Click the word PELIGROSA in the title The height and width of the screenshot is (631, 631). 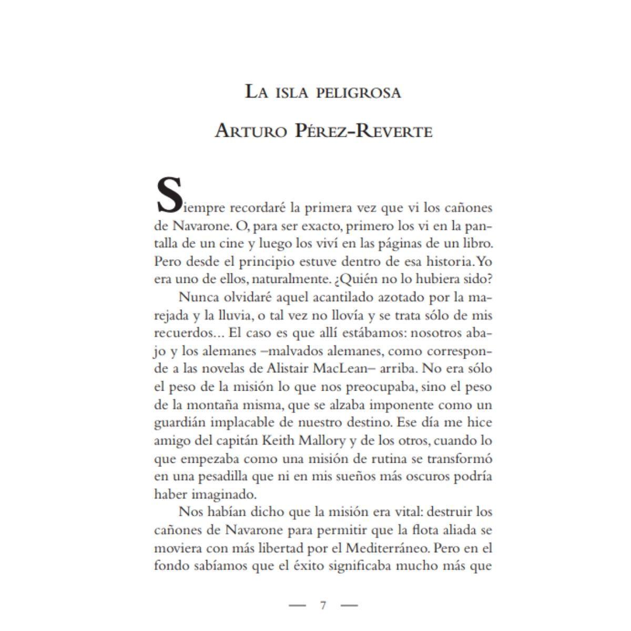[x=359, y=93]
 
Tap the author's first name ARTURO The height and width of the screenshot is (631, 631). [x=251, y=130]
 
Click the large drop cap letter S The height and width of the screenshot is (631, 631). [x=169, y=196]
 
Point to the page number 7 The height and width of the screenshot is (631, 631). [x=323, y=605]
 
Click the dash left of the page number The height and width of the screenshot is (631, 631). [x=297, y=605]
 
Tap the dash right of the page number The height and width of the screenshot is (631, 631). [x=349, y=605]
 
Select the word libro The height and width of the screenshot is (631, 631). [x=476, y=243]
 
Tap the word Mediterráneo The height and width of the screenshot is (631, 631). [x=388, y=548]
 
